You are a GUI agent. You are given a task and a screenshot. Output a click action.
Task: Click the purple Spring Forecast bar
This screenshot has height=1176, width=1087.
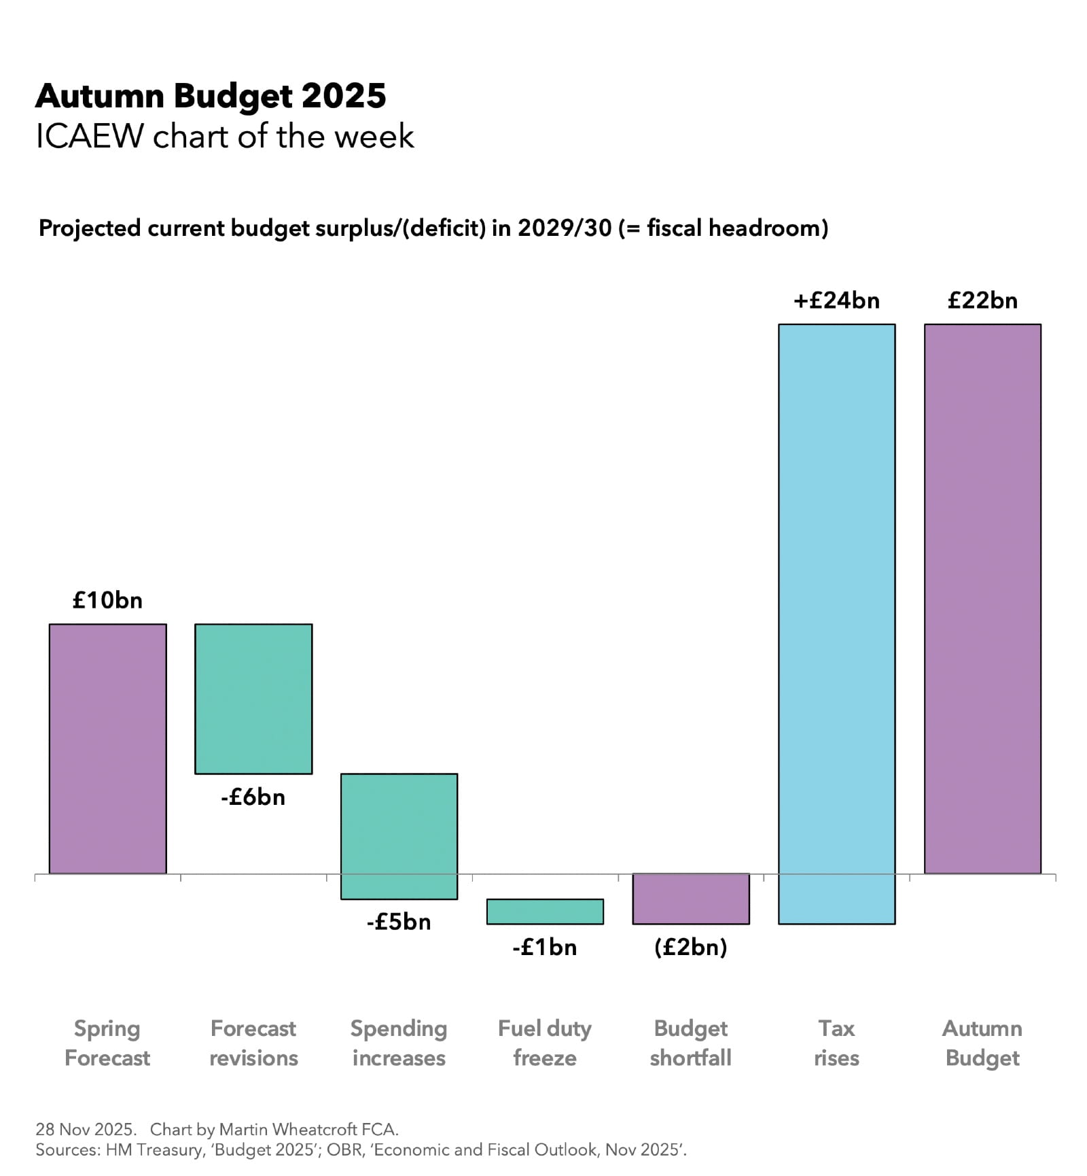click(x=107, y=748)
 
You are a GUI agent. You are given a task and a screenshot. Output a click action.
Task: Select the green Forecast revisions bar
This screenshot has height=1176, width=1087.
click(x=253, y=698)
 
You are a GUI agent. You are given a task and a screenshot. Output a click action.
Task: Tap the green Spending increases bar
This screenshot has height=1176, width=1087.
click(x=399, y=835)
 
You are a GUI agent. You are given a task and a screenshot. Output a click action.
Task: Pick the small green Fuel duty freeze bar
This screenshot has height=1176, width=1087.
click(x=545, y=911)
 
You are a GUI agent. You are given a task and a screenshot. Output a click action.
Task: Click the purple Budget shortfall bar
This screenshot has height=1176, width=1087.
click(x=690, y=898)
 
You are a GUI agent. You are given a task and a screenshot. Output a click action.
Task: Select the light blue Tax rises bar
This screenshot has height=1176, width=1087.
click(x=836, y=623)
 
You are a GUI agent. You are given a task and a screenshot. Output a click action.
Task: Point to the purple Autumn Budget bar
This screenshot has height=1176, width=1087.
click(x=982, y=598)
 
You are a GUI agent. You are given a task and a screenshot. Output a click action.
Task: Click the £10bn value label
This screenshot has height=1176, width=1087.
click(x=107, y=600)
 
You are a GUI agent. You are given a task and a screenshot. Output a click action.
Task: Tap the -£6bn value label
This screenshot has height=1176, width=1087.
click(x=253, y=797)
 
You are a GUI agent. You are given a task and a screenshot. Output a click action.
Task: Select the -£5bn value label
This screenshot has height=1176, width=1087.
click(x=399, y=922)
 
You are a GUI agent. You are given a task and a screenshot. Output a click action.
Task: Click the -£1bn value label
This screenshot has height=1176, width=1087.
click(x=545, y=947)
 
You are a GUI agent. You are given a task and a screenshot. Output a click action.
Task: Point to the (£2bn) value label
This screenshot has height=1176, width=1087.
click(x=690, y=947)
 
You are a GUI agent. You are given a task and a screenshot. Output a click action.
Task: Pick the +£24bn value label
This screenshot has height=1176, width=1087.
click(x=836, y=300)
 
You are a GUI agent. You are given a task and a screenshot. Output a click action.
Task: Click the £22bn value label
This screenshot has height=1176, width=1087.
click(x=982, y=300)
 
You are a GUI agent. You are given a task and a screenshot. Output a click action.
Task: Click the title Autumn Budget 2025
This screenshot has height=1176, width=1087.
click(x=211, y=96)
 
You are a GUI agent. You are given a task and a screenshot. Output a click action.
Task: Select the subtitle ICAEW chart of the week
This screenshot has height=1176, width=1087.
click(x=224, y=137)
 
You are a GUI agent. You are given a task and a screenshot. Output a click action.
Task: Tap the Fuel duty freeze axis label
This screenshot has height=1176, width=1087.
click(x=545, y=1043)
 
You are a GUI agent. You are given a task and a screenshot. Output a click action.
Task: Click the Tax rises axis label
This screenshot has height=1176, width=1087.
click(x=836, y=1043)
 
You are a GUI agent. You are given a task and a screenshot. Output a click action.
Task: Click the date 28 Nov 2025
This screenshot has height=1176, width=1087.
click(x=86, y=1129)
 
